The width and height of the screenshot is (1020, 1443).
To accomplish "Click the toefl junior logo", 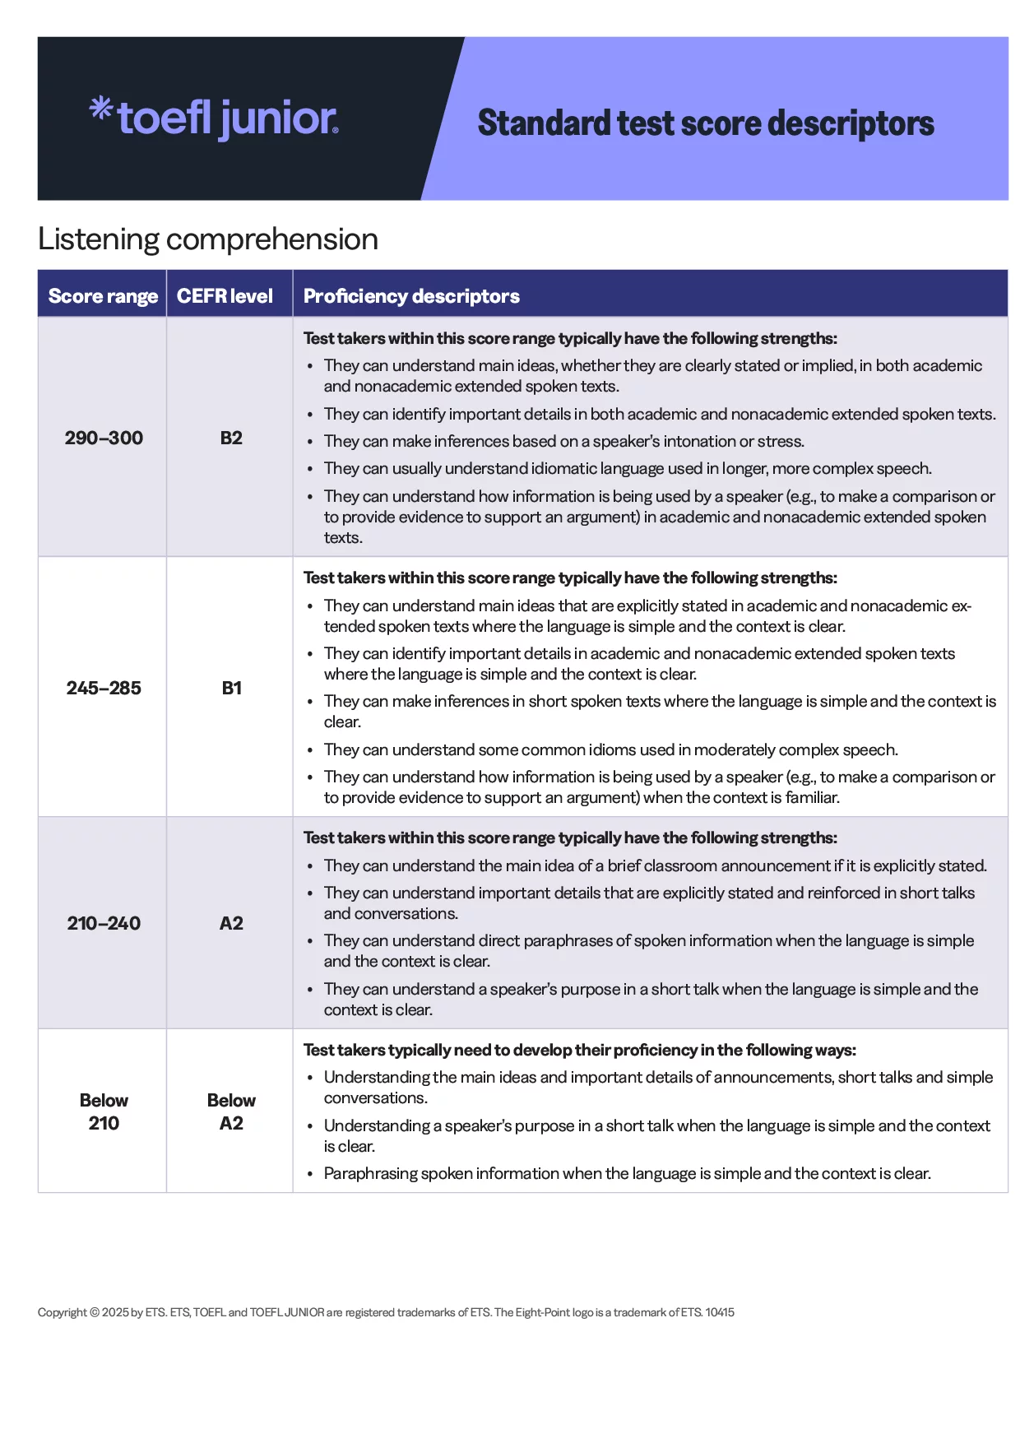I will [x=214, y=118].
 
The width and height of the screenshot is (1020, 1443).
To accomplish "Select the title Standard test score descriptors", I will [x=705, y=123].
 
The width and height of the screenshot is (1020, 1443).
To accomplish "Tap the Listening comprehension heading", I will [x=208, y=239].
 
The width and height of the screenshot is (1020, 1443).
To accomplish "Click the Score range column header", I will [x=103, y=296].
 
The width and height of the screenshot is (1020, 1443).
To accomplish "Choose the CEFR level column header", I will [x=225, y=296].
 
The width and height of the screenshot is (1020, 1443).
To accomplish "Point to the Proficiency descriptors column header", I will [x=411, y=296].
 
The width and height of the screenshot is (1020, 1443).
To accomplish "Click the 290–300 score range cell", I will [x=104, y=438].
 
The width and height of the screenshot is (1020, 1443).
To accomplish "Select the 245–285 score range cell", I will [x=104, y=688].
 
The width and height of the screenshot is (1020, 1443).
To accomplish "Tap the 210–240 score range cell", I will [x=104, y=923].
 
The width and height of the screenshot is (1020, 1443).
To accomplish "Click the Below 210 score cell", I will [x=104, y=1111].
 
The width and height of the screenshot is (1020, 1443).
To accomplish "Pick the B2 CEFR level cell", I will [x=231, y=438].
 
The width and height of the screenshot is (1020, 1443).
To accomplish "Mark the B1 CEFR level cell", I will [x=231, y=688].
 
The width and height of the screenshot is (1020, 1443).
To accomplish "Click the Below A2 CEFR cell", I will [x=231, y=1111].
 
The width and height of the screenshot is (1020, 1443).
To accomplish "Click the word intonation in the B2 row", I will [x=698, y=442].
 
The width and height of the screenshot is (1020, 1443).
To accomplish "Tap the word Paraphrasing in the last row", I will [x=370, y=1174].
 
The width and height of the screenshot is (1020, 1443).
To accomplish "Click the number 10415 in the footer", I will [x=720, y=1312].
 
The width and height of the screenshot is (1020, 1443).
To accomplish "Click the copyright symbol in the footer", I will [x=95, y=1312].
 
